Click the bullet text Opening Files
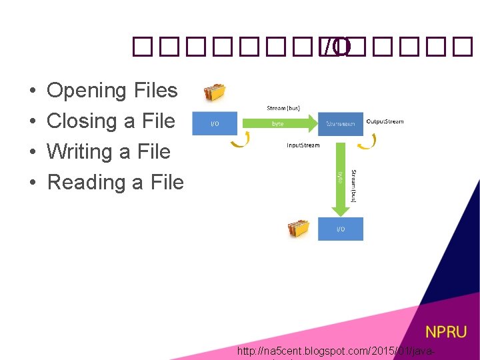(112, 90)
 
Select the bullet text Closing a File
(111, 121)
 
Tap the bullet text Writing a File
(109, 151)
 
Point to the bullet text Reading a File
(115, 182)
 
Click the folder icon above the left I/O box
(215, 92)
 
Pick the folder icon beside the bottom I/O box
(298, 228)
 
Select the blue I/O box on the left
(214, 123)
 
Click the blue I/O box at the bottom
(340, 229)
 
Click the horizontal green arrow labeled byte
(279, 123)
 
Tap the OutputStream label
(385, 121)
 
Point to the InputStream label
(303, 145)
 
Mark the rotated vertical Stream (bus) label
(353, 185)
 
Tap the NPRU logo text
(446, 332)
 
